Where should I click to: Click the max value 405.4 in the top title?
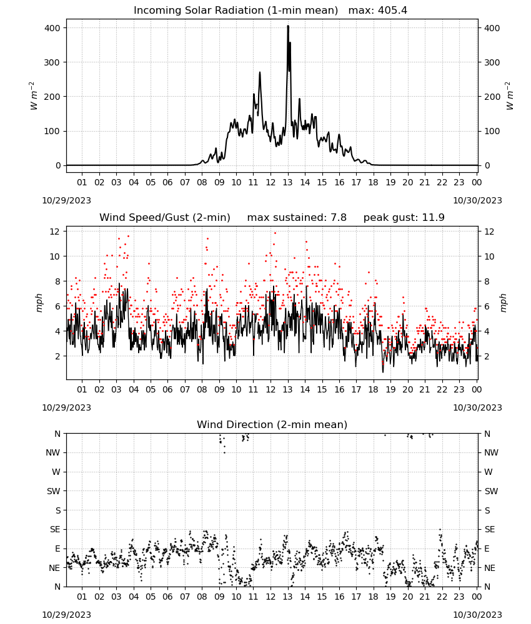point(392,11)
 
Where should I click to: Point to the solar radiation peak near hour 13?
point(288,26)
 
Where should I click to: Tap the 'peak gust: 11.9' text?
point(404,218)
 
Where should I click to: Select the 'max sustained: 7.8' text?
point(297,218)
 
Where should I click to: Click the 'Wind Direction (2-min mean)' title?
point(272,424)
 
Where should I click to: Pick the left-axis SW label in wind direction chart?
point(53,491)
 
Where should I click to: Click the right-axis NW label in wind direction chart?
point(491,452)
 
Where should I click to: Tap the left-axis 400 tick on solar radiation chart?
point(52,28)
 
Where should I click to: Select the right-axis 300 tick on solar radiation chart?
point(492,62)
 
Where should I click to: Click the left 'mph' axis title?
point(39,303)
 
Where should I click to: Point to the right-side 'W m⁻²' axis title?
point(510,96)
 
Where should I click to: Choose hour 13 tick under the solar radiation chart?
point(287,182)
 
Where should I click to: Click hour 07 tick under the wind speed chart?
point(185,389)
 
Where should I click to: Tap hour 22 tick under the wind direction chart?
point(442,597)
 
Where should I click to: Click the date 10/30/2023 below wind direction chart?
point(477,615)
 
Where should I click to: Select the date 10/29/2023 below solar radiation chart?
point(66,200)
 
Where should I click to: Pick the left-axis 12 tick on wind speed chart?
point(55,232)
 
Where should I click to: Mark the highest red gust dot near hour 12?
point(275,233)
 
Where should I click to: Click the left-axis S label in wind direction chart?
point(58,510)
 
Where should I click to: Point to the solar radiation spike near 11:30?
point(260,73)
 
